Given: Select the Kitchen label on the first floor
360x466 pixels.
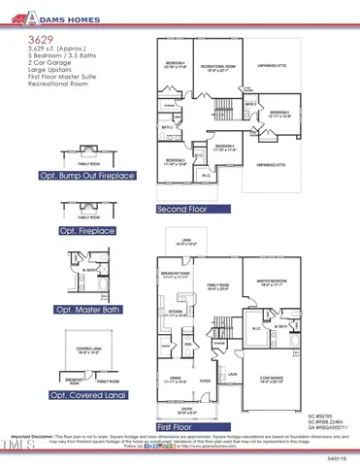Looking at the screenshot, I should coord(176,313).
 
